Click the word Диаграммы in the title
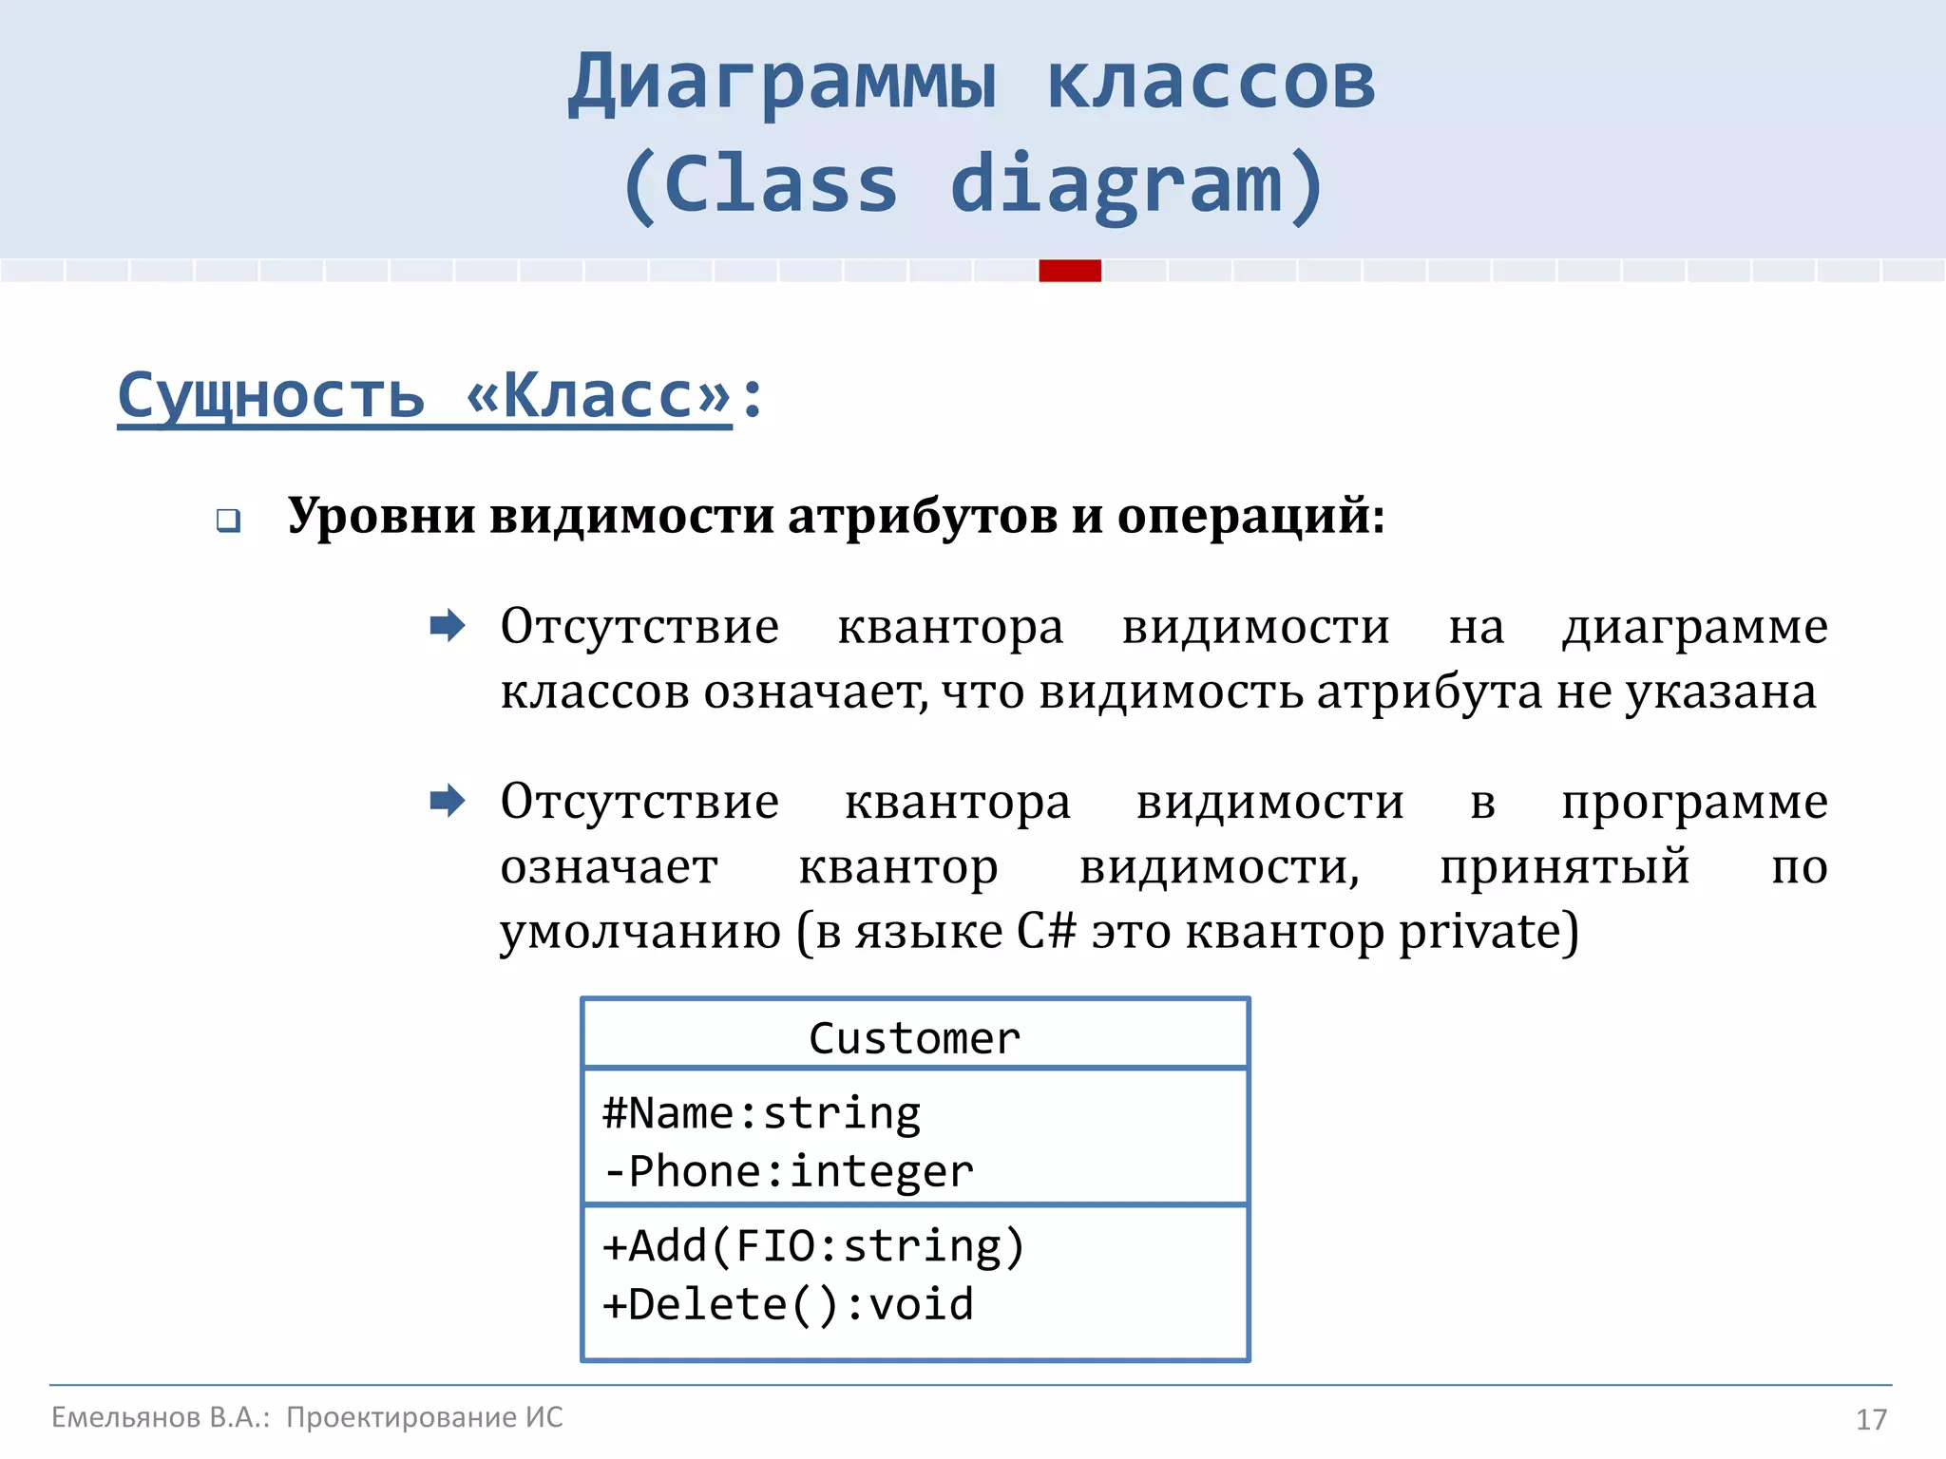[x=782, y=84]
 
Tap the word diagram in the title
[x=1116, y=184]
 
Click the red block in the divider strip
[x=1070, y=271]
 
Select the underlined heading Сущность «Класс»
[x=424, y=395]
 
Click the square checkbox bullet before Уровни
[x=228, y=521]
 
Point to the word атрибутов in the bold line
[x=922, y=517]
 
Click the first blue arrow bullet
[x=447, y=626]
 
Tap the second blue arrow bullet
[x=447, y=801]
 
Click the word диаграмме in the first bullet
[x=1694, y=628]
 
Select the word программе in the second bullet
[x=1694, y=803]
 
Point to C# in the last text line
[x=1046, y=932]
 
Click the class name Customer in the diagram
[x=914, y=1038]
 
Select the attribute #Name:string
[x=761, y=1113]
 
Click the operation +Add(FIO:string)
[x=813, y=1246]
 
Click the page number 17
[x=1870, y=1420]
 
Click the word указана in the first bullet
[x=1720, y=692]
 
